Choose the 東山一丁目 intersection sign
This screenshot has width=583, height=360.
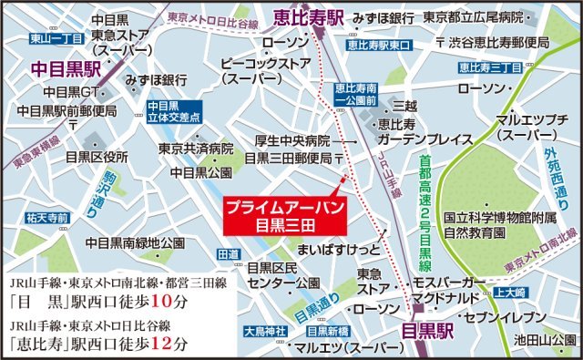[32, 38]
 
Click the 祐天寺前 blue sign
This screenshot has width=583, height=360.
[48, 218]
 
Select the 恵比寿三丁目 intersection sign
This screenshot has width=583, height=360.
[489, 67]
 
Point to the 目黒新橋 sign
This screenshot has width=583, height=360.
[323, 331]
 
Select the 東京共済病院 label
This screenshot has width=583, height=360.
[196, 148]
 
